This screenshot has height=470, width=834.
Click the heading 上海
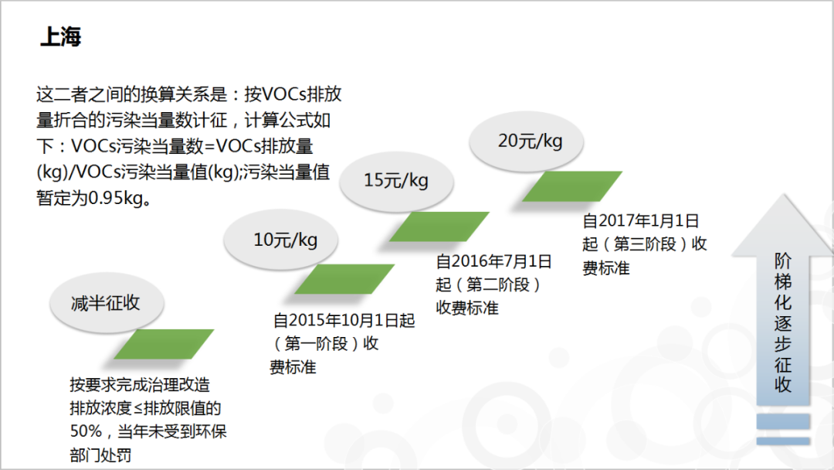[x=61, y=37]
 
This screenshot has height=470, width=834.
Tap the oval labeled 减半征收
[x=107, y=303]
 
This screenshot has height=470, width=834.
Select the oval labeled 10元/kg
[x=281, y=240]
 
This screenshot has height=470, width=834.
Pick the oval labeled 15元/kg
[x=396, y=181]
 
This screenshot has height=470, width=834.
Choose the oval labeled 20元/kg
[x=527, y=141]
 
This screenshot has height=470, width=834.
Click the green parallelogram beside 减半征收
[x=164, y=344]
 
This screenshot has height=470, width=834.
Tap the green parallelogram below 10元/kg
[x=344, y=279]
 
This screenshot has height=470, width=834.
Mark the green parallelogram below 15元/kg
[x=439, y=226]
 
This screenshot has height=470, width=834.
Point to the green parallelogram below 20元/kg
[x=572, y=186]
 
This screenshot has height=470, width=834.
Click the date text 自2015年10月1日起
[x=344, y=321]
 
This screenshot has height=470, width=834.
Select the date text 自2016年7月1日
[x=493, y=261]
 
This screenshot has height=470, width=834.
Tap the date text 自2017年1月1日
[x=640, y=221]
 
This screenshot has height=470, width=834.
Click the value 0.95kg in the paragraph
[x=116, y=198]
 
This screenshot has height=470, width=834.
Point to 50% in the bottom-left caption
[x=86, y=431]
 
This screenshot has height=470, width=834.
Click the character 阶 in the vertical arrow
[x=783, y=261]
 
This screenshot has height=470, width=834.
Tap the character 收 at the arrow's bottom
[x=783, y=384]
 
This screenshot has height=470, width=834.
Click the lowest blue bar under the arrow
[x=783, y=441]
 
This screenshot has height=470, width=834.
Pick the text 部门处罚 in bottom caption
[x=100, y=455]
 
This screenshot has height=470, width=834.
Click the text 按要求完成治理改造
[x=140, y=385]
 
